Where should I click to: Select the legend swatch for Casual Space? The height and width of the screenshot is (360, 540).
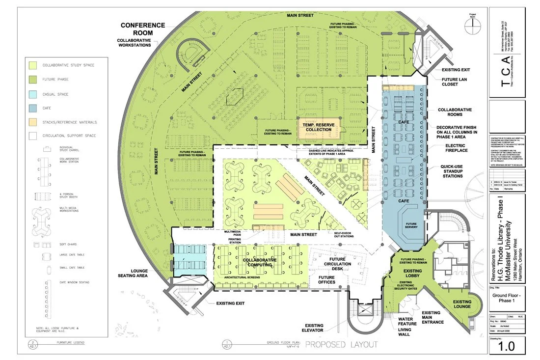coord(32,94)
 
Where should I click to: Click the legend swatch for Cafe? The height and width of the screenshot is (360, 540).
coord(32,108)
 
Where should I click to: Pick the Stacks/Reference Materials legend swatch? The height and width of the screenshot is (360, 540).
coord(32,121)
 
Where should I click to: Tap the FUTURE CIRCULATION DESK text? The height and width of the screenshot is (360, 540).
coord(341,264)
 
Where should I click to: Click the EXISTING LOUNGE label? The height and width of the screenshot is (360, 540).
coord(462,305)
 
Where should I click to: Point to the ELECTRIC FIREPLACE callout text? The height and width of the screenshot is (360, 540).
coord(459,148)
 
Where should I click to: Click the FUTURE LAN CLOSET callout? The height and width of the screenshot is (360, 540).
coord(457,81)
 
